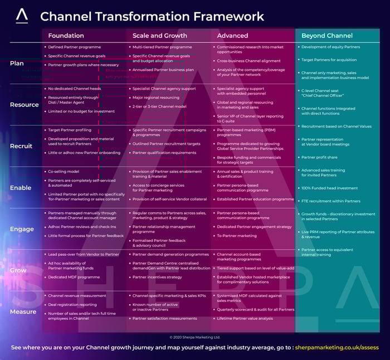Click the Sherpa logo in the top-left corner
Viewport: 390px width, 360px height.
22,16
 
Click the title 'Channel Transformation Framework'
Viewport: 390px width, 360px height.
152,16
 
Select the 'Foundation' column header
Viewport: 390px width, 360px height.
66,36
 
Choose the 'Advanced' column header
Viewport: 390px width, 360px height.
232,36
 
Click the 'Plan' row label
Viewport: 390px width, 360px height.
17,64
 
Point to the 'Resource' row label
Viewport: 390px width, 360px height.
24,105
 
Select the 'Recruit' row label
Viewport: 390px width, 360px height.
21,146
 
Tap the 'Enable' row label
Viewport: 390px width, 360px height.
21,188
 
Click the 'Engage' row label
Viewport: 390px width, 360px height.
22,229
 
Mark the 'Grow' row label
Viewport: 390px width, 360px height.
18,270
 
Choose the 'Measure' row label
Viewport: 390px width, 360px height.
23,312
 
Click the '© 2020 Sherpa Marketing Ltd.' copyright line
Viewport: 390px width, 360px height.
195,337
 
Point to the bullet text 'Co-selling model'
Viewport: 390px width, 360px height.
64,172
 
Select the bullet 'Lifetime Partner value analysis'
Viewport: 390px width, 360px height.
245,318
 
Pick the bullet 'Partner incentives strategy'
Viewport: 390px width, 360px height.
157,277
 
